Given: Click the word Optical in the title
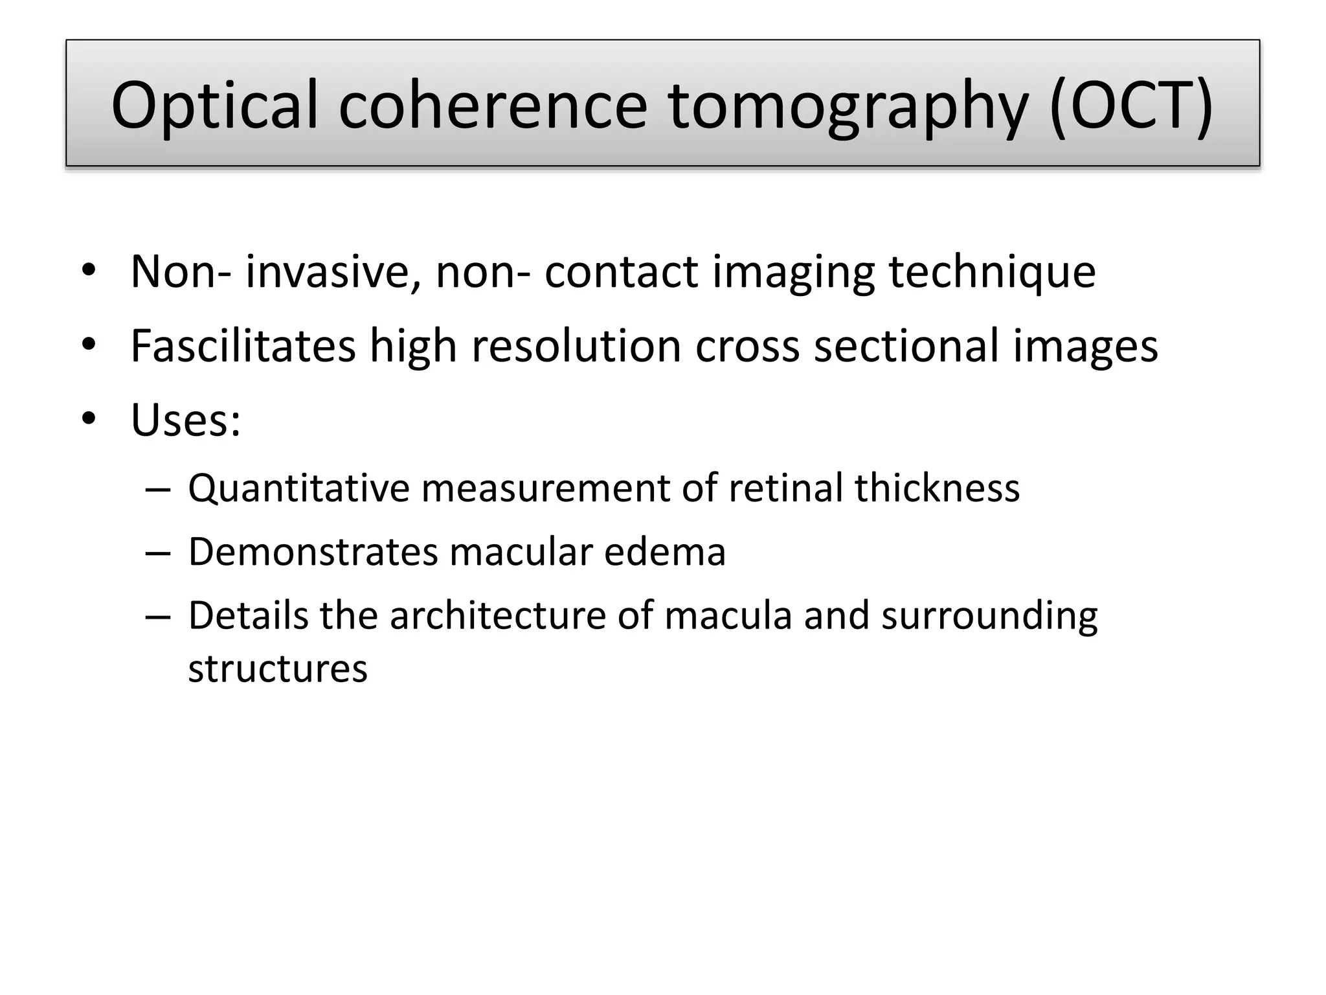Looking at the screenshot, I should (x=214, y=106).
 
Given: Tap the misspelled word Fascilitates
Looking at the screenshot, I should (x=243, y=346).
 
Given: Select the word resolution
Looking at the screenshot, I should (x=576, y=346).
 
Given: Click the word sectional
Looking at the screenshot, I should (x=906, y=346).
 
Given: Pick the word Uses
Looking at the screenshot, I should (x=185, y=420).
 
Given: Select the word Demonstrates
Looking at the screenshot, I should (x=313, y=552).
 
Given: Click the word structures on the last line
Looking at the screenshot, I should (x=277, y=669).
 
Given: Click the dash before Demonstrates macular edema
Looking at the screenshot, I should (x=158, y=553).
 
